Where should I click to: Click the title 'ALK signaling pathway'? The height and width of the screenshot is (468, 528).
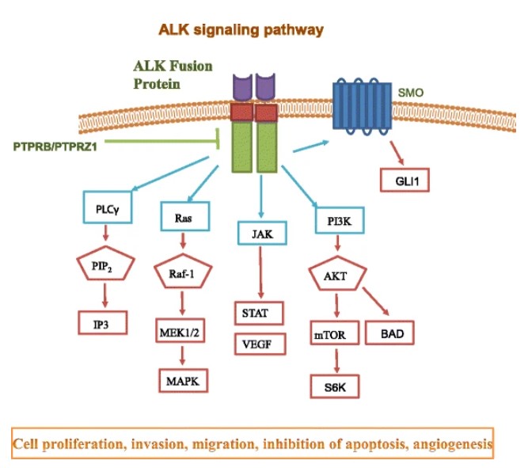pyautogui.click(x=241, y=30)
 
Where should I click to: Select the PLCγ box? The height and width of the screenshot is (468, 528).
pyautogui.click(x=107, y=210)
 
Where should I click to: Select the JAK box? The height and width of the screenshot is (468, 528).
pyautogui.click(x=260, y=234)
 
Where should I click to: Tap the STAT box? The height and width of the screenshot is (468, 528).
pyautogui.click(x=260, y=313)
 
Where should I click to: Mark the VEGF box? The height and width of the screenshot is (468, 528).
pyautogui.click(x=260, y=344)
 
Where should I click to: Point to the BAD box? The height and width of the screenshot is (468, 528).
pyautogui.click(x=389, y=333)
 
